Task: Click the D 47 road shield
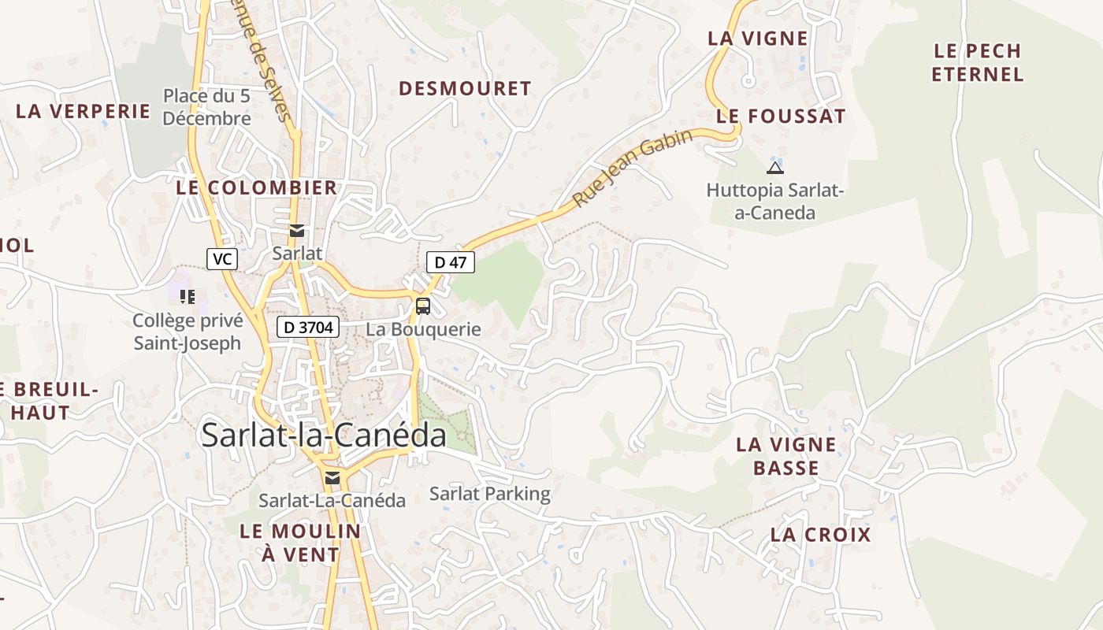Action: coord(451,262)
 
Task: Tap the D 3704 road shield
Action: coord(307,327)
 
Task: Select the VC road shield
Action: coord(222,258)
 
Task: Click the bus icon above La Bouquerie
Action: coord(423,306)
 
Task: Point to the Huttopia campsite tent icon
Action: coord(775,167)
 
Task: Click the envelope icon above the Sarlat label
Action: coord(297,231)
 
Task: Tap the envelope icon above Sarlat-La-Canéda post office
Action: coord(332,478)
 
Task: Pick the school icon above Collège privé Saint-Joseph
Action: coord(188,297)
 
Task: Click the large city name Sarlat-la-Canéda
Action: coord(324,435)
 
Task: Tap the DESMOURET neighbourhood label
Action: coord(465,88)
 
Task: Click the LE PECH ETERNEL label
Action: coord(978,63)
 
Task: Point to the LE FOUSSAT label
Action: coord(781,117)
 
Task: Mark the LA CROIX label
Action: coord(820,535)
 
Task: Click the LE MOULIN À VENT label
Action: coord(300,543)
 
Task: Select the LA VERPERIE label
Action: coord(83,111)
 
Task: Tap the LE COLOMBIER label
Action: coord(256,188)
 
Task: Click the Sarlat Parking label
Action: coord(489,495)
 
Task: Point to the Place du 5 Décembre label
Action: coord(207,107)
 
